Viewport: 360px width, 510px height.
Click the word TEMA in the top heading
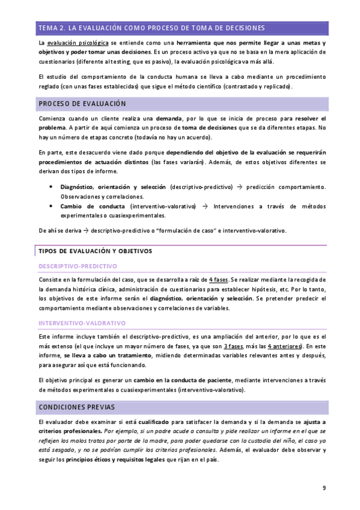tap(47, 28)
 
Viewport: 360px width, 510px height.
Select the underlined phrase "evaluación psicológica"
tap(78, 43)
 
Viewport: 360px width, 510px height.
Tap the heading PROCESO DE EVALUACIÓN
tap(82, 104)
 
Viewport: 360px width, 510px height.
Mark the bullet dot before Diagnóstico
tap(53, 186)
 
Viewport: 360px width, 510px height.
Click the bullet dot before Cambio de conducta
tap(53, 206)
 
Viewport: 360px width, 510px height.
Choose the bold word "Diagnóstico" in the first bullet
tap(77, 186)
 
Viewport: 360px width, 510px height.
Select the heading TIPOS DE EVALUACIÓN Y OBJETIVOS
tap(95, 251)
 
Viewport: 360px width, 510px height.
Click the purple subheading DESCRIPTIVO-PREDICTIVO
tap(78, 265)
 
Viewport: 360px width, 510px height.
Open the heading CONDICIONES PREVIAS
tap(76, 407)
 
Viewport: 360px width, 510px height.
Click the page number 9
tap(324, 488)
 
